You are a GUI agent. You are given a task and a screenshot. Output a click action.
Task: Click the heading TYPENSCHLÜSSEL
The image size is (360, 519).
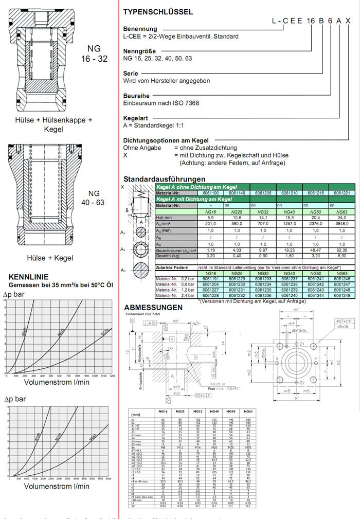pos(158,11)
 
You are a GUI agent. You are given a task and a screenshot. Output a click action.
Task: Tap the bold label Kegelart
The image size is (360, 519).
pos(136,118)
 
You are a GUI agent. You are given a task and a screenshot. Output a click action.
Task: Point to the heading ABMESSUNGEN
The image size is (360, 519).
pos(153,308)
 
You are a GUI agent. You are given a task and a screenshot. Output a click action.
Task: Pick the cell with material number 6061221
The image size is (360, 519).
pos(341,193)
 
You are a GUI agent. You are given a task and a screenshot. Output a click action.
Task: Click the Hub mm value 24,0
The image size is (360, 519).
pos(341,218)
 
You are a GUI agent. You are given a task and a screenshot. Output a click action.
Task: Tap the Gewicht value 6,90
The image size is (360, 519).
pos(341,255)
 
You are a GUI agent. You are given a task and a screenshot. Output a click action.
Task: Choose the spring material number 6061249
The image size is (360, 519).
pos(341,296)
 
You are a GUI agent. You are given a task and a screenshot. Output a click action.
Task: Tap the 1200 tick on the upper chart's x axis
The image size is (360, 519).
pos(111,376)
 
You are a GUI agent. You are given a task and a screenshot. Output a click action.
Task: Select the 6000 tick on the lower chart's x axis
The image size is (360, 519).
pos(107,479)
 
